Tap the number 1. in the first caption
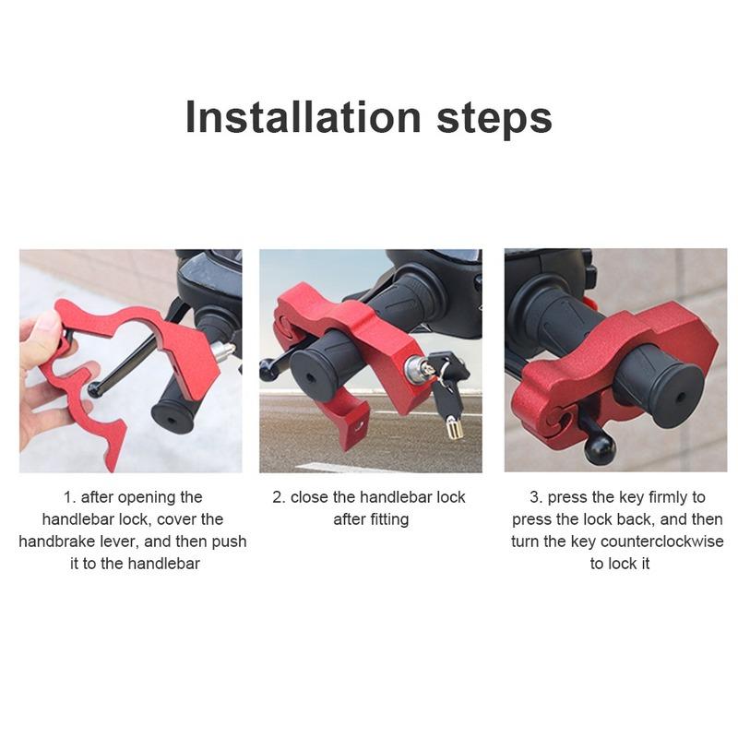coord(68,497)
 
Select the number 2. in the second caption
coord(279,497)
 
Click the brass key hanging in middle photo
coord(453,426)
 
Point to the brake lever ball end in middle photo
coord(269,369)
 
